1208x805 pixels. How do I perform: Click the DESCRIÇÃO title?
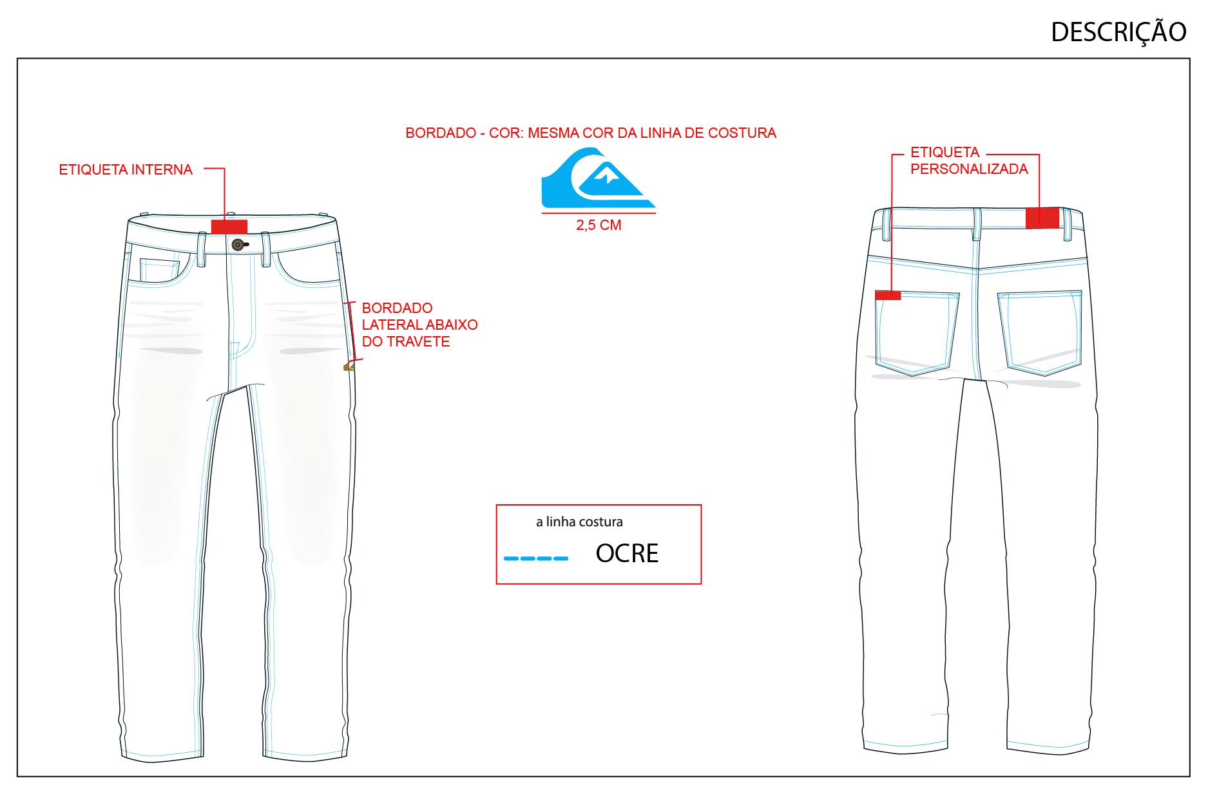coord(1118,32)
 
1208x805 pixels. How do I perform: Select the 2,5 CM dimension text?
coord(599,225)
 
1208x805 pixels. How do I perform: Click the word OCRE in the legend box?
coord(627,553)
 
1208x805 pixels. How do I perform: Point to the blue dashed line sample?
coord(536,558)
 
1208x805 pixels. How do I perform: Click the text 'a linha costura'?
coord(579,522)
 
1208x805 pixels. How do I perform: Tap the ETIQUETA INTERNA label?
coord(126,169)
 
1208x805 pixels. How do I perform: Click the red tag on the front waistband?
coord(229,227)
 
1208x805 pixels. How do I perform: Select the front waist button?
coord(238,245)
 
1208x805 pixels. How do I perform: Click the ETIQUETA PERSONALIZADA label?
coord(969,160)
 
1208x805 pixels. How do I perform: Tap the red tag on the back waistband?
coord(1042,218)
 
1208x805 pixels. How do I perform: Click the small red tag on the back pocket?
coord(888,295)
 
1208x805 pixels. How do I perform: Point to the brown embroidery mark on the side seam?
coord(349,366)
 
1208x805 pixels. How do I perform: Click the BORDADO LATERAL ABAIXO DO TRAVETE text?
coord(419,325)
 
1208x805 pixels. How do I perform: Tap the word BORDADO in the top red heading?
coord(441,133)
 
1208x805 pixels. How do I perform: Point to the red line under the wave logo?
coord(599,213)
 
